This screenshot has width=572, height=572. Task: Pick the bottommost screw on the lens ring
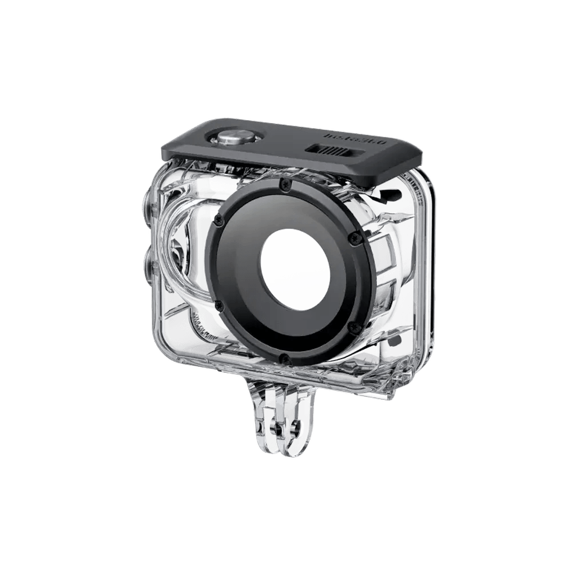click(282, 358)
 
